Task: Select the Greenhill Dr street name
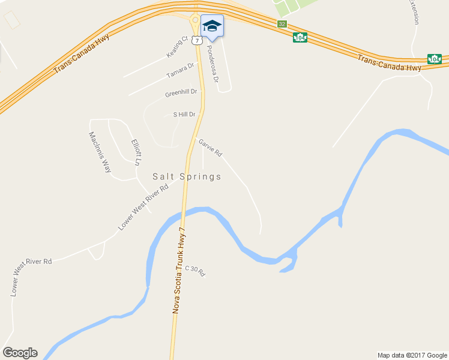tap(181, 94)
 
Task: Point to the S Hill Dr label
tap(184, 114)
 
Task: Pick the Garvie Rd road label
tap(210, 148)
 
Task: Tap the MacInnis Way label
tap(100, 152)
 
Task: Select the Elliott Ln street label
tap(137, 152)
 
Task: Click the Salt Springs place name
tap(187, 177)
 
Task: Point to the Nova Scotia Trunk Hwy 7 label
tap(178, 271)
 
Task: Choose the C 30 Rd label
tap(195, 271)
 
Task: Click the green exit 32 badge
tap(282, 24)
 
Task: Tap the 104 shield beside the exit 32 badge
tap(300, 37)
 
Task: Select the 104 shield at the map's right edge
tap(435, 59)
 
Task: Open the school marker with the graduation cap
tap(211, 25)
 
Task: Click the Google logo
tap(20, 353)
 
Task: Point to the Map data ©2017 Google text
tap(412, 355)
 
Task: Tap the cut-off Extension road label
tap(414, 11)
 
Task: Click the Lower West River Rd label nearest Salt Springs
tap(143, 206)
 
